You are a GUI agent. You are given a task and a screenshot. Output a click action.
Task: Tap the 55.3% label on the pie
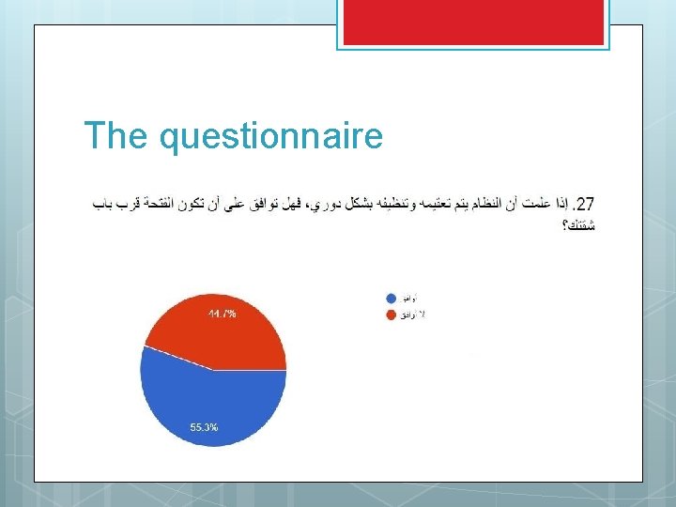pos(204,427)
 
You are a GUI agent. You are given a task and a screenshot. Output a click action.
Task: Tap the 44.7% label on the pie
pos(222,314)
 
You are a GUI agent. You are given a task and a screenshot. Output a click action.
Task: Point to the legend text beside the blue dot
pos(409,299)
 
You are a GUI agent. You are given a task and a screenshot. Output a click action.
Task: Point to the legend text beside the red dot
pos(413,314)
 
